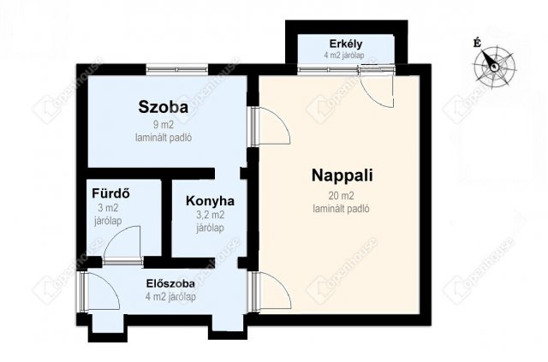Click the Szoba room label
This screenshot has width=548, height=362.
point(164,107)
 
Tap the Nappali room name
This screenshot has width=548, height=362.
point(342,175)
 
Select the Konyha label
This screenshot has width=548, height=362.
point(210,201)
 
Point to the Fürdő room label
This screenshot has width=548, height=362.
point(110,193)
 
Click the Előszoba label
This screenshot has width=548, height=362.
point(170,283)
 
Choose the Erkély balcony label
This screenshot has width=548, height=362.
point(346,44)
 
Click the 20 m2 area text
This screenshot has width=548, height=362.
point(341,196)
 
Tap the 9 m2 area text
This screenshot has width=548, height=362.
point(164,125)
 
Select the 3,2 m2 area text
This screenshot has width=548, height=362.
point(210,215)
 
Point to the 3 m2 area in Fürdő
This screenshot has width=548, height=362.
point(108,208)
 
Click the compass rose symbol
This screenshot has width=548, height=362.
point(494,65)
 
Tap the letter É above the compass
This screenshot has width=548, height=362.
point(477,44)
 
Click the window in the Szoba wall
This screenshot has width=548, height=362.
point(177,69)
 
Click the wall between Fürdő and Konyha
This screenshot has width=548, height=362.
point(167,218)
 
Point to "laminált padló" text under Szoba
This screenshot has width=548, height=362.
point(164,138)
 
